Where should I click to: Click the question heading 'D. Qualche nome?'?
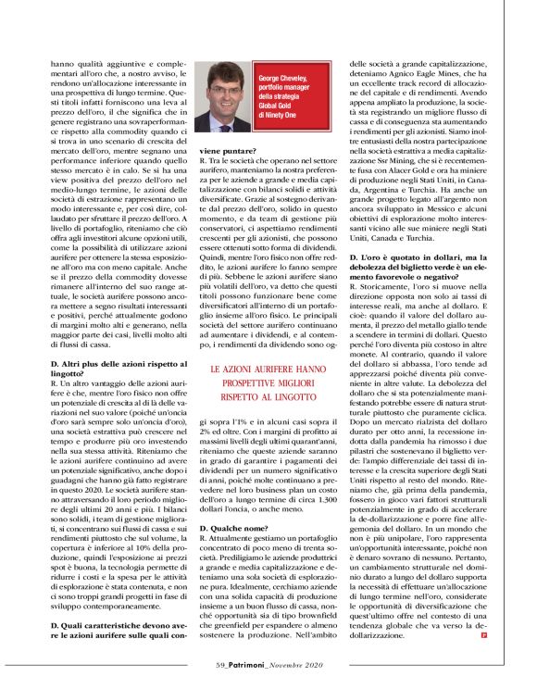click(x=235, y=527)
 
